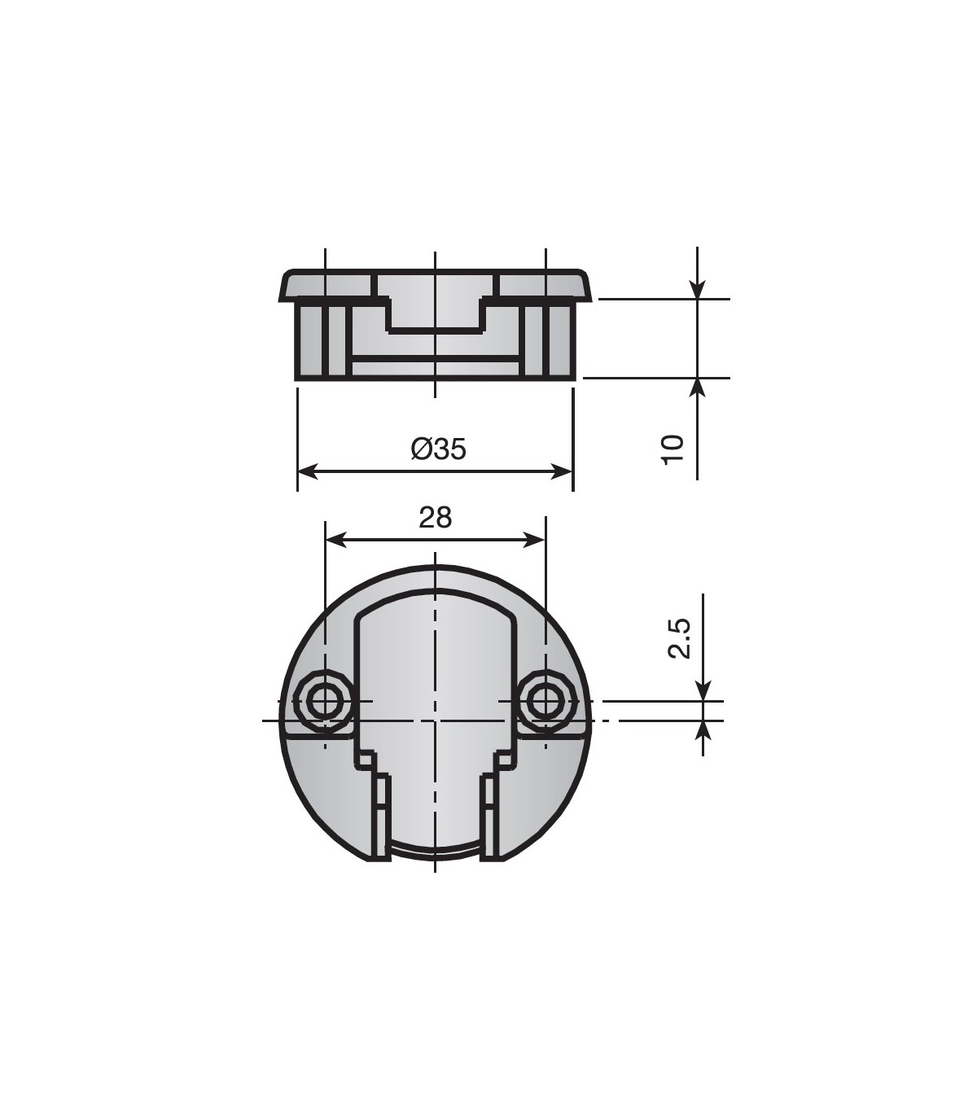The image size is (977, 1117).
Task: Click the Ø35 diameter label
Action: click(438, 450)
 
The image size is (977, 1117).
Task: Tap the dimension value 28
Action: click(436, 517)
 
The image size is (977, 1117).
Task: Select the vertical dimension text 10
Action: click(673, 450)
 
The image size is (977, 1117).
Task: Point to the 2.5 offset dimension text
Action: click(679, 638)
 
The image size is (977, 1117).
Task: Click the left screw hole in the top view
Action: click(325, 700)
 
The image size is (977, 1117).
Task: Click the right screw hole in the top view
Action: click(545, 700)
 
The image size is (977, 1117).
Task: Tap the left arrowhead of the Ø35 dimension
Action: click(309, 471)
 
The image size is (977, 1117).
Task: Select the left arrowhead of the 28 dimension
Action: click(336, 541)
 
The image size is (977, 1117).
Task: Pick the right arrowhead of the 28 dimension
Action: click(534, 541)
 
